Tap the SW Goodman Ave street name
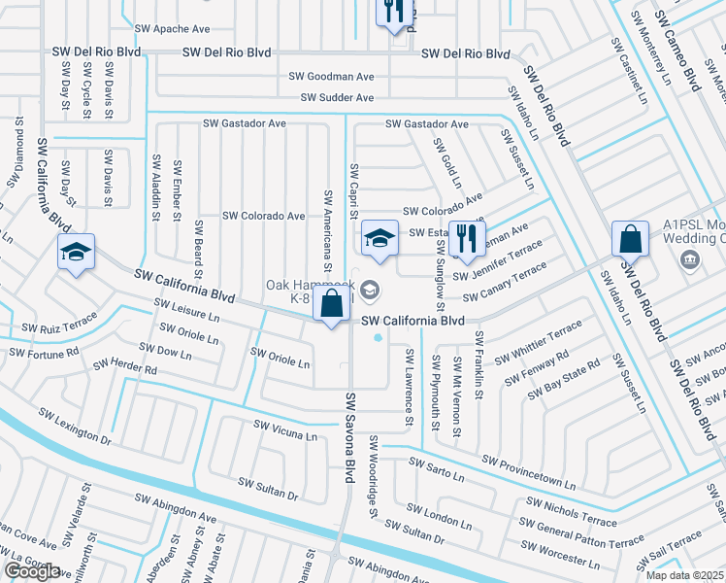pos(331,76)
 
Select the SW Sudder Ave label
pos(337,98)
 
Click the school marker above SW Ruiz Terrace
pos(76,252)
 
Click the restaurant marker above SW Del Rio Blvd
pos(393,12)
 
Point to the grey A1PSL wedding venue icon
pos(690,259)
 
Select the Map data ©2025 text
pos(685,575)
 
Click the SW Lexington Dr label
pos(75,428)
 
